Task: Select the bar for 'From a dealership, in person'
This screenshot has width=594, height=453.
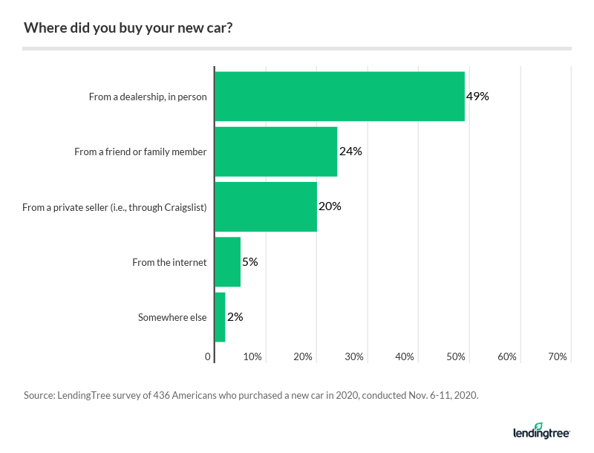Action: [339, 97]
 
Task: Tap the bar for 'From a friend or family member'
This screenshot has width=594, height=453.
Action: [275, 151]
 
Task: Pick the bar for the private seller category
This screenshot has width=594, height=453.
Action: [266, 206]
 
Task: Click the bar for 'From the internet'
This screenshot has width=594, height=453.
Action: [227, 262]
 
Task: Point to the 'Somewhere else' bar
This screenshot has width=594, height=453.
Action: [220, 317]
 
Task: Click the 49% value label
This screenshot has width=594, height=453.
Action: [477, 97]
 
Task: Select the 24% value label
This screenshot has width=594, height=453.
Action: [350, 151]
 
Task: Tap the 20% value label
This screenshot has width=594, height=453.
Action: [330, 206]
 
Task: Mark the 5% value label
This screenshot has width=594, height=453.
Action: [249, 262]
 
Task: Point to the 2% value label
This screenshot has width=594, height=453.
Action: [235, 317]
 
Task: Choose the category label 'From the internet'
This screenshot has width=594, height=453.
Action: [169, 262]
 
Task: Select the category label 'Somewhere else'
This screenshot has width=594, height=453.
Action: [172, 317]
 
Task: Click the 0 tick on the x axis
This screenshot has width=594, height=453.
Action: [209, 357]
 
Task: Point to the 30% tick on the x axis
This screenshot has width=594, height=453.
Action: [354, 357]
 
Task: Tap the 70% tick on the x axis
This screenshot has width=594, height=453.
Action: [558, 357]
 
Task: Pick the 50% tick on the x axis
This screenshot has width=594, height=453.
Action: [456, 357]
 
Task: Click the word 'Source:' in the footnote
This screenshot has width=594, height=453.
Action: [39, 396]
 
